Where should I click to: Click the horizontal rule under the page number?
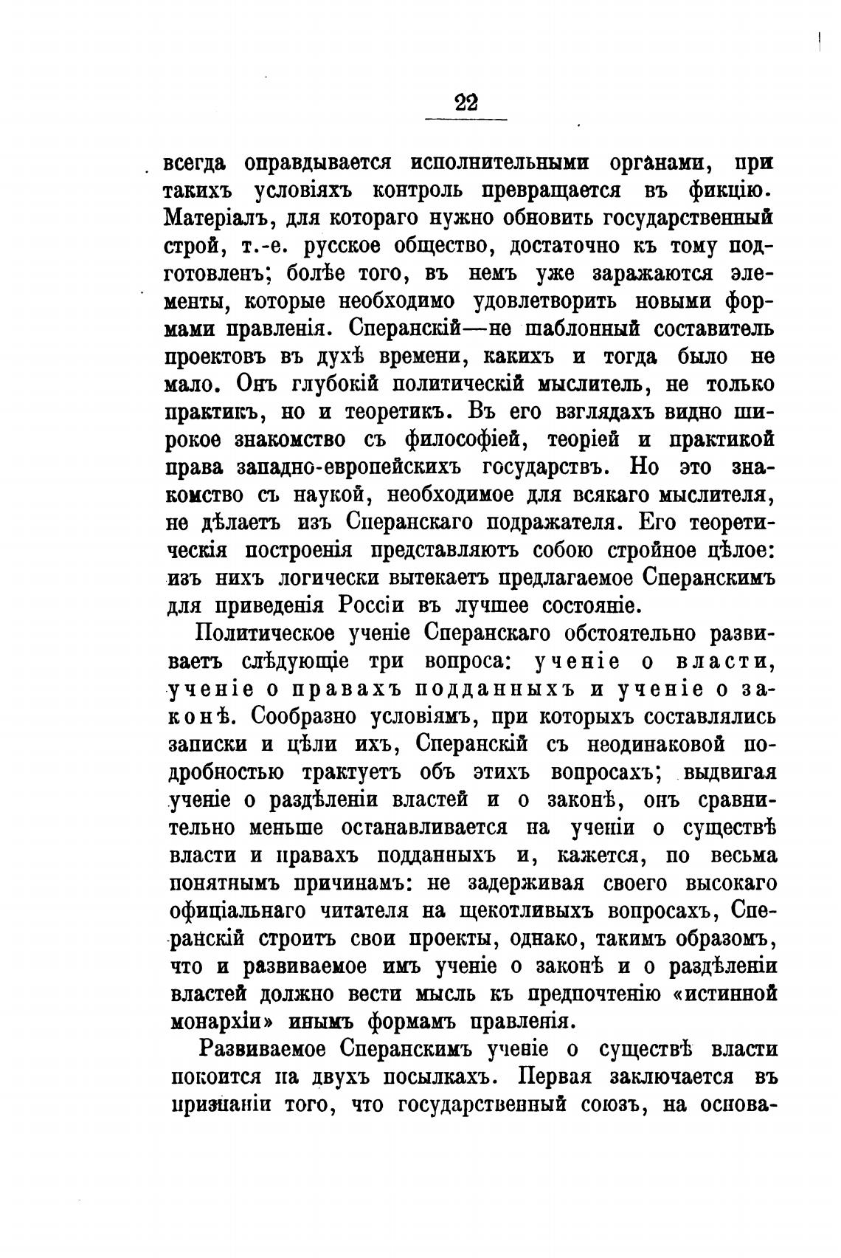click(466, 119)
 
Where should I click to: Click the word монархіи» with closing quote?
click(224, 1021)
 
